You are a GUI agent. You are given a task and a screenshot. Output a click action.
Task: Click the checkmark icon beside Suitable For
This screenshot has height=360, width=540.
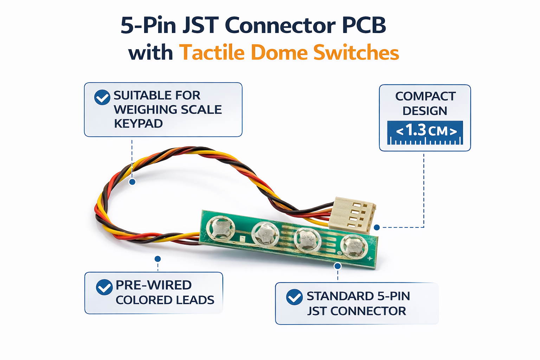102,97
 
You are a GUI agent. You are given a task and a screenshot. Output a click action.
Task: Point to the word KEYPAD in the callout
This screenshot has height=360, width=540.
138,124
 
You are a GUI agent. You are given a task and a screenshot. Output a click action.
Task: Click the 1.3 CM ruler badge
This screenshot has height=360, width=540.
425,133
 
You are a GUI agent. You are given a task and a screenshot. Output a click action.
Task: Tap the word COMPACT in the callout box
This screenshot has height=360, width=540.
425,96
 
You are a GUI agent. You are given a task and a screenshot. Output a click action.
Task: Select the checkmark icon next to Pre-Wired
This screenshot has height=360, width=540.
104,287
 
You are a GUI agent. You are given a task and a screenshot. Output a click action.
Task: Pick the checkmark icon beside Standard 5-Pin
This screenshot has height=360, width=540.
294,297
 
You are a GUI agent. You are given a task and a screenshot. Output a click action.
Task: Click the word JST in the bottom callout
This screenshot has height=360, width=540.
317,311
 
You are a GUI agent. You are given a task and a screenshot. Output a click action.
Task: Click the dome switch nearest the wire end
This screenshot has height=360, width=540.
221,228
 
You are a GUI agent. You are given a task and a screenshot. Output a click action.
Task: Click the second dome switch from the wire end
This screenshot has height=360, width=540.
264,233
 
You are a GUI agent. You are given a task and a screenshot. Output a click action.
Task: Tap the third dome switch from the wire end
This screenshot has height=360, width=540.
307,240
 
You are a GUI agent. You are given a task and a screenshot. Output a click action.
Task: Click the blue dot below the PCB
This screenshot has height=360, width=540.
337,266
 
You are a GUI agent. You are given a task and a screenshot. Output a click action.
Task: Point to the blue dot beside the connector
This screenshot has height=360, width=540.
377,227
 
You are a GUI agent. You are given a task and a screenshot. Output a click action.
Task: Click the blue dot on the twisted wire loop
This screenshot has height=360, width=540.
132,182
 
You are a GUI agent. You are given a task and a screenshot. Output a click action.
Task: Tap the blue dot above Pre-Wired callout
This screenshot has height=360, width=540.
157,259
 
